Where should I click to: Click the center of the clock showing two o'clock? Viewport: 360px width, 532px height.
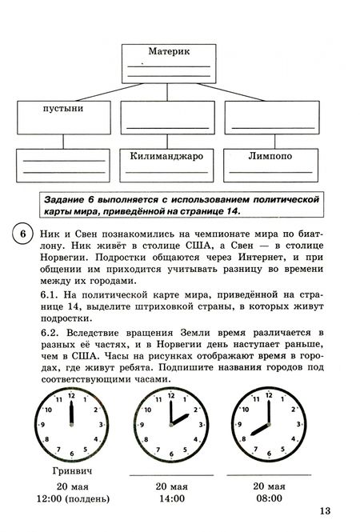(x=170, y=426)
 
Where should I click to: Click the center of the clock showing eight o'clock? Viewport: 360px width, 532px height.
(x=269, y=426)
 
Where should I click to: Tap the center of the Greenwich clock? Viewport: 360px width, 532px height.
(x=72, y=426)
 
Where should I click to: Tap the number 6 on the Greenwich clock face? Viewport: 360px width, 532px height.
(x=72, y=454)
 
